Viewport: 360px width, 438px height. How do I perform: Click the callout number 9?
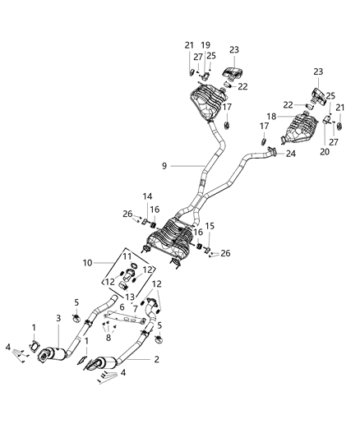[x=164, y=167]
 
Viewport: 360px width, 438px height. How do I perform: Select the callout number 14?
[x=149, y=197]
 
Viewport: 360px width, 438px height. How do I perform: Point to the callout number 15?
[x=208, y=226]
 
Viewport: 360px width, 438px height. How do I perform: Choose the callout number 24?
[x=290, y=154]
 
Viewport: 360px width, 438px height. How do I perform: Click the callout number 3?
[x=58, y=318]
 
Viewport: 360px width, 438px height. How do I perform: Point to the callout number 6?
[x=122, y=306]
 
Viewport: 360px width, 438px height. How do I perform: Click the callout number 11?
[x=127, y=257]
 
